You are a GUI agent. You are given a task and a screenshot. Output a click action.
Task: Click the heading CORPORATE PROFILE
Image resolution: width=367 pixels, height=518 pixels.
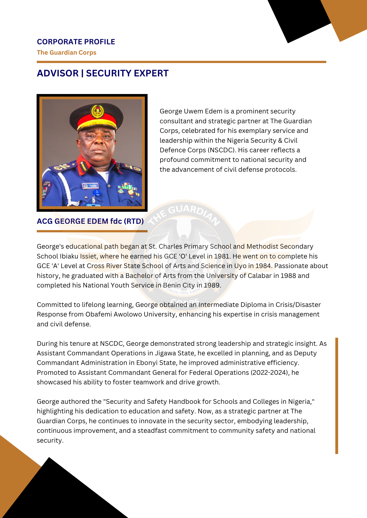(x=76, y=42)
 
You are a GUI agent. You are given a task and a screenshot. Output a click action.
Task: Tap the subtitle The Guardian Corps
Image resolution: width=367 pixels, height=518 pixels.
(x=66, y=53)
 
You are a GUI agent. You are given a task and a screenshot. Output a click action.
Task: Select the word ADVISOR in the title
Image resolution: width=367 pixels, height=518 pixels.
(x=58, y=73)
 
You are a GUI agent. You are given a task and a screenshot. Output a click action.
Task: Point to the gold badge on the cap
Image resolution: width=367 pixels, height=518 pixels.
(x=98, y=112)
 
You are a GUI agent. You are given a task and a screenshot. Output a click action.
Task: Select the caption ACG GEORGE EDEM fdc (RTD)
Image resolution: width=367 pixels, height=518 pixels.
(x=90, y=221)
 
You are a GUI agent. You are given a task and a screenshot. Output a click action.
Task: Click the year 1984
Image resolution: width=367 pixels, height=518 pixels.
(x=263, y=266)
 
